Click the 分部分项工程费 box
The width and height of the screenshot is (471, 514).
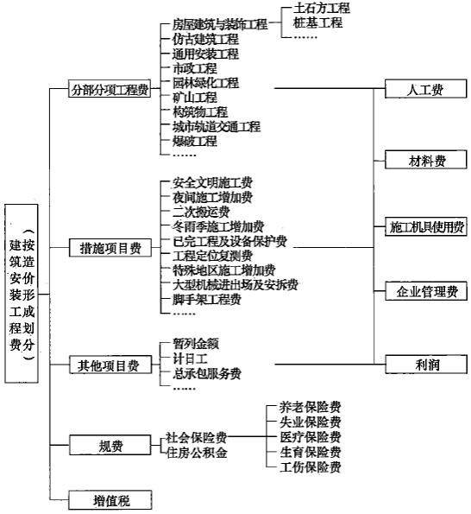click(x=110, y=88)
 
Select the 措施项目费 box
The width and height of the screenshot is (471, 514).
click(x=110, y=248)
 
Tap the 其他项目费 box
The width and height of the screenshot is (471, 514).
click(x=110, y=365)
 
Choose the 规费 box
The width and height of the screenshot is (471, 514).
click(x=110, y=445)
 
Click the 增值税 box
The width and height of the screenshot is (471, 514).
click(x=110, y=500)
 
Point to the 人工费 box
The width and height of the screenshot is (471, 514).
click(x=426, y=88)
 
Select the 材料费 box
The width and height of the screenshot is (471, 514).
click(x=426, y=160)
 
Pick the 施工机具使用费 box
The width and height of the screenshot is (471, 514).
click(x=426, y=226)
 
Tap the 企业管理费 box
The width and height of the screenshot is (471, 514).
click(x=426, y=291)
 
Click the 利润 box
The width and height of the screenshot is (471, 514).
click(x=426, y=365)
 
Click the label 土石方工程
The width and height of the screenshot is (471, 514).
click(x=322, y=8)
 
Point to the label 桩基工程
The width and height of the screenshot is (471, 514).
click(x=317, y=23)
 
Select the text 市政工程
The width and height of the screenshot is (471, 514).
click(x=195, y=68)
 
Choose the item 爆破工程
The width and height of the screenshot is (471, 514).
click(x=195, y=142)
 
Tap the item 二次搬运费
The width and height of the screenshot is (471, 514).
click(x=201, y=213)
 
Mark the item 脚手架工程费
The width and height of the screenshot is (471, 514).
click(x=207, y=299)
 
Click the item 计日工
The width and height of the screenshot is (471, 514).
click(x=190, y=359)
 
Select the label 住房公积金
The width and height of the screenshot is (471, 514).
click(x=197, y=453)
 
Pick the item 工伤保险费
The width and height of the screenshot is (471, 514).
click(x=311, y=467)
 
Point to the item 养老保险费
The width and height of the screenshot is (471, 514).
click(x=311, y=407)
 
